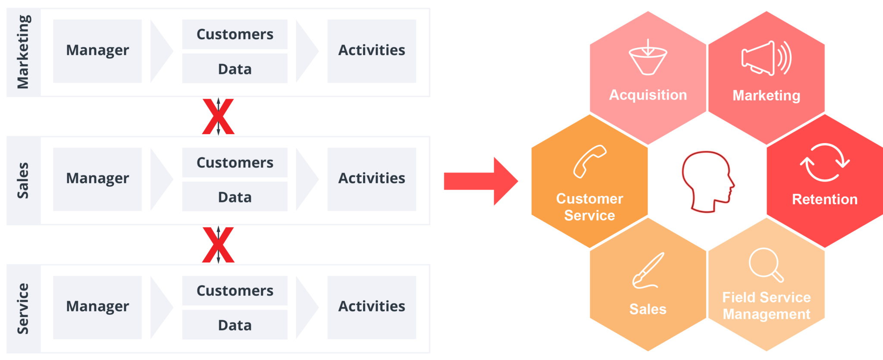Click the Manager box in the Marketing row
[97, 51]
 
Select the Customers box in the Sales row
[235, 163]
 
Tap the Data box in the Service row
[235, 325]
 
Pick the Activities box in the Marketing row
[372, 51]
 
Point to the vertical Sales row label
[23, 180]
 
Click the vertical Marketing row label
[23, 52]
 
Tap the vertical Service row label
[23, 308]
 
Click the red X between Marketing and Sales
[218, 116]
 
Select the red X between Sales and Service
[218, 244]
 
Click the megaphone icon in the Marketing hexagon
[766, 59]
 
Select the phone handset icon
[589, 161]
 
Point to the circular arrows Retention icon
[824, 163]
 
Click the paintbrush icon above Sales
[648, 270]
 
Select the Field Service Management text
[766, 306]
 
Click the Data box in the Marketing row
[235, 69]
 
